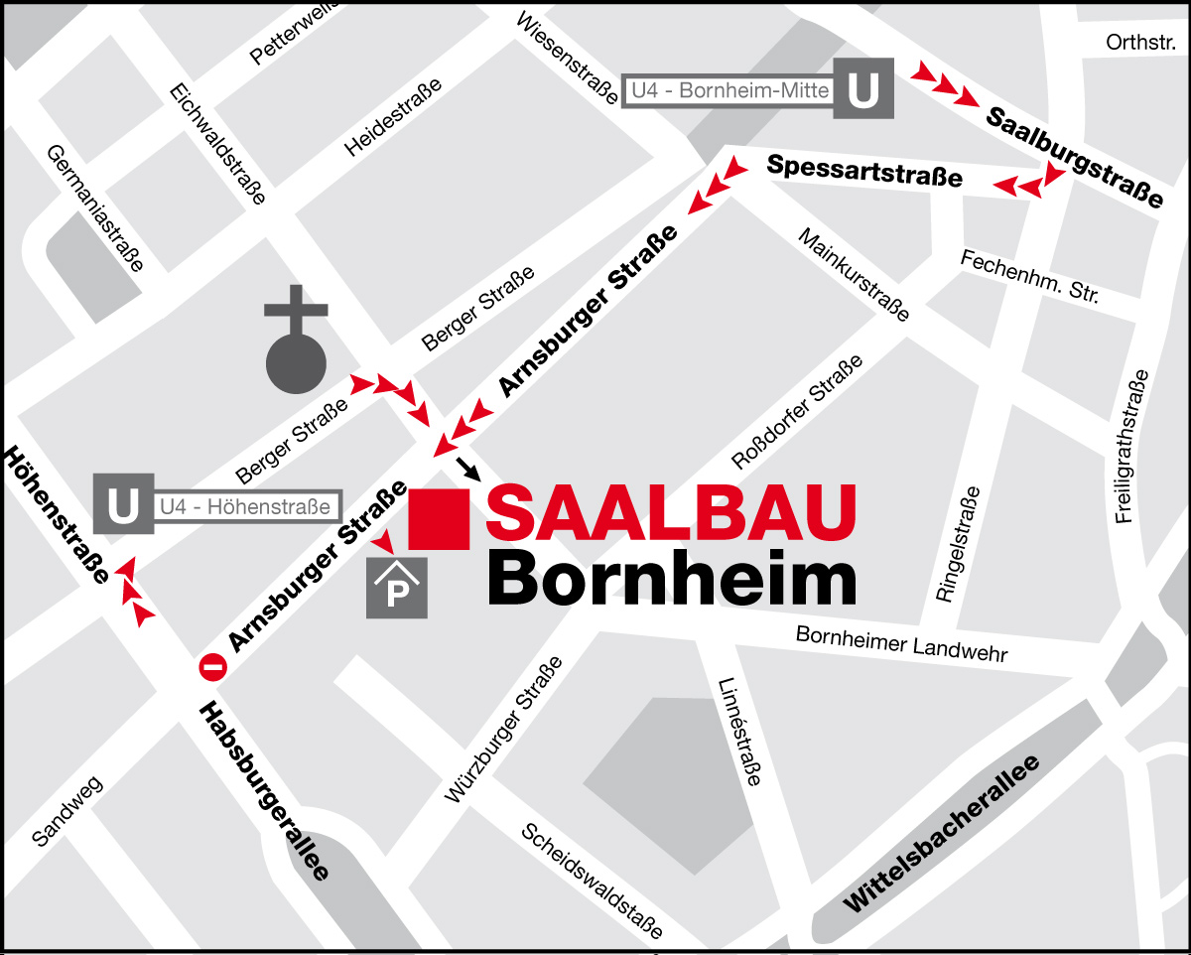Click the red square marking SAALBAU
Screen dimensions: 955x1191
tap(440, 518)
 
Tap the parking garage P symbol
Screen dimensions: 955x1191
tap(397, 589)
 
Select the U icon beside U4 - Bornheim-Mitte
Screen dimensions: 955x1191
tap(863, 89)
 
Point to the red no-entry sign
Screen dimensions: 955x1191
tap(213, 667)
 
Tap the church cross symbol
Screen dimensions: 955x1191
tap(296, 338)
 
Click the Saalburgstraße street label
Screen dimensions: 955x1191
tap(1075, 156)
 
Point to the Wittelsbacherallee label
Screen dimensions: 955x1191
tap(942, 834)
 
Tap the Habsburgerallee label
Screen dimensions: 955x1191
tap(264, 790)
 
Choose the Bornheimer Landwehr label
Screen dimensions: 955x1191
tap(901, 644)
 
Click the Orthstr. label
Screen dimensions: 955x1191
tap(1140, 43)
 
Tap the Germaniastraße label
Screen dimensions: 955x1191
tap(95, 207)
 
